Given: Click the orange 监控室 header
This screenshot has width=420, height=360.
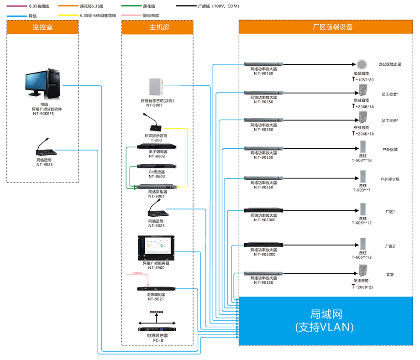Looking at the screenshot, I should pyautogui.click(x=43, y=27).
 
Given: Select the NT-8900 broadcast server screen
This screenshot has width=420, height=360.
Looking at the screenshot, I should pyautogui.click(x=156, y=248).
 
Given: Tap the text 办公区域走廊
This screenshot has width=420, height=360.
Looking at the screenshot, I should pyautogui.click(x=390, y=65).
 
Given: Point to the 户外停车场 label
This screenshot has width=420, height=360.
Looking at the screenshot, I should pyautogui.click(x=390, y=179).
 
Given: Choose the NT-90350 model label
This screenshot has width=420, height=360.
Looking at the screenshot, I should pyautogui.click(x=263, y=282).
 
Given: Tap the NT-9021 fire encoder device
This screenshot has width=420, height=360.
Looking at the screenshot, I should pyautogui.click(x=156, y=288).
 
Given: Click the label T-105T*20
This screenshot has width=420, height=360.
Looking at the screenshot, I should pyautogui.click(x=363, y=80).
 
